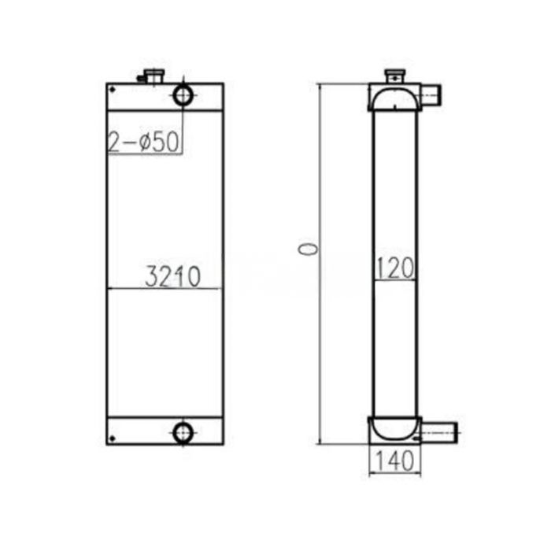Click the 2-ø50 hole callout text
[146, 142]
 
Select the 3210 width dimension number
[173, 276]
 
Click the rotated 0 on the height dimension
[309, 250]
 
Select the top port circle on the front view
[183, 94]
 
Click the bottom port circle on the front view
[183, 431]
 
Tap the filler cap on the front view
[150, 76]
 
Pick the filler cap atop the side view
[393, 76]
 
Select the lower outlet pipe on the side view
[439, 431]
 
